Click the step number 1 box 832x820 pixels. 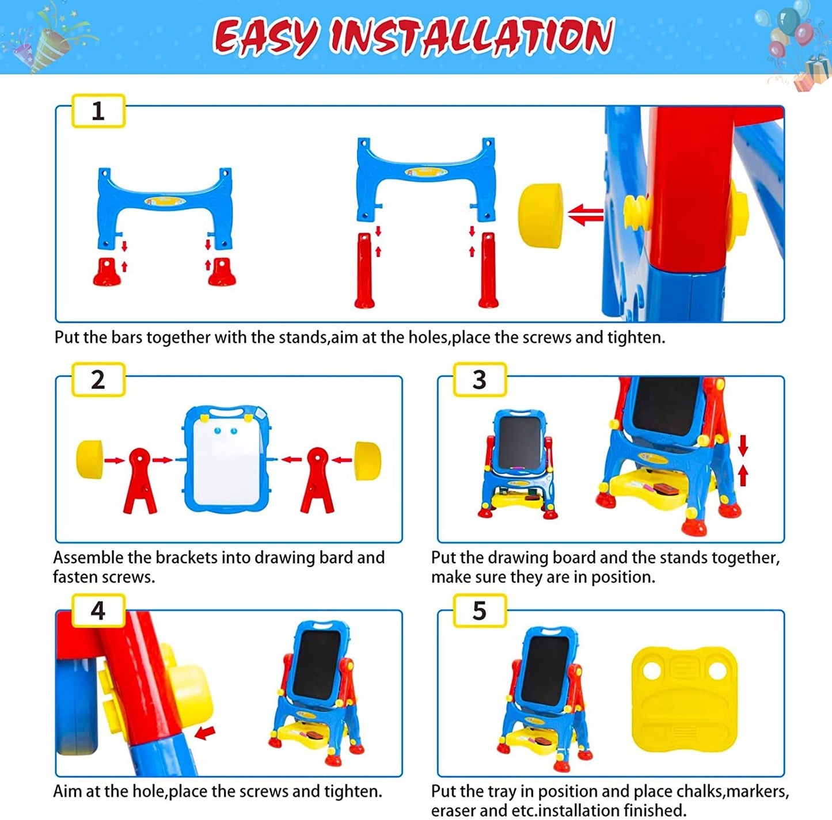(98, 111)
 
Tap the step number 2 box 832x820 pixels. (98, 380)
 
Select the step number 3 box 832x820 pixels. (480, 380)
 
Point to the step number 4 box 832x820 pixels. (98, 610)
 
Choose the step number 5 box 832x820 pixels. (480, 610)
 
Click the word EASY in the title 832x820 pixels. (267, 37)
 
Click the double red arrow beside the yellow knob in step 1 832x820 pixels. (586, 215)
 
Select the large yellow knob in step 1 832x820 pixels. (541, 216)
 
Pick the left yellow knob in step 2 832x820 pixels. (90, 460)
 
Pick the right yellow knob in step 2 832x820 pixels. (367, 460)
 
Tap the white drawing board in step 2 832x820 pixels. (227, 459)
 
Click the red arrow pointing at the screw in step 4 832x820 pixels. (204, 733)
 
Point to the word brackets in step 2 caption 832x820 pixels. (186, 558)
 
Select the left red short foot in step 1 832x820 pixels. (107, 272)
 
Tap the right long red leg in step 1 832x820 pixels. (488, 270)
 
